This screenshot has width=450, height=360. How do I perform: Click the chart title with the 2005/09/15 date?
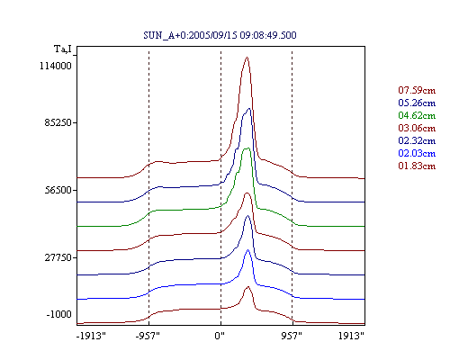[x=220, y=35]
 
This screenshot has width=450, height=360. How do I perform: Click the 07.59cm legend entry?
[x=417, y=90]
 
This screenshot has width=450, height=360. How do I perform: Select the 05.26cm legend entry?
[x=417, y=103]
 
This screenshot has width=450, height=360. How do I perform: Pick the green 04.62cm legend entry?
[x=417, y=115]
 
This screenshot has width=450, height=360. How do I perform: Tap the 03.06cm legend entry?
[x=417, y=128]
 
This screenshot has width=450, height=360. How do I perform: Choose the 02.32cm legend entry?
[x=417, y=140]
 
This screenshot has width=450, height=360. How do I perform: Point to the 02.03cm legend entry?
[x=417, y=153]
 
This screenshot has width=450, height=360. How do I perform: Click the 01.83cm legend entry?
[x=417, y=166]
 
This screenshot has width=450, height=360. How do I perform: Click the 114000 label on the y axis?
[x=56, y=66]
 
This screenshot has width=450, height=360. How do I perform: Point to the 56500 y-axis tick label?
[x=58, y=190]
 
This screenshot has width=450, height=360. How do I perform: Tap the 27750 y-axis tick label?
[x=58, y=257]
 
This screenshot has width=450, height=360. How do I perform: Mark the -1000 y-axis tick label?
[x=58, y=314]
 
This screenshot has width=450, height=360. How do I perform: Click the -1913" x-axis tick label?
[x=91, y=336]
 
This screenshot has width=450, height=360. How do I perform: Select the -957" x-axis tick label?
[x=148, y=336]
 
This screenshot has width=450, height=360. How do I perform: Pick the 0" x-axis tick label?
[x=220, y=336]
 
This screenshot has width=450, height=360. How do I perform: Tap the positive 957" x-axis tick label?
[x=292, y=336]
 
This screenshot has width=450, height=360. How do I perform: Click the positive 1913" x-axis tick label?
[x=351, y=336]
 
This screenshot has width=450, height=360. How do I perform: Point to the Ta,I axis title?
[x=63, y=49]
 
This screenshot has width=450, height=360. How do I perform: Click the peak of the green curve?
[x=247, y=148]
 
